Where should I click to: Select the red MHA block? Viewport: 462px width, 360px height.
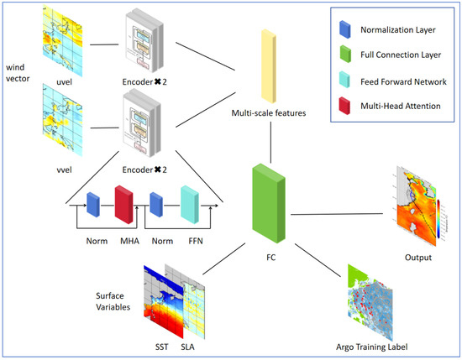[x=124, y=205]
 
